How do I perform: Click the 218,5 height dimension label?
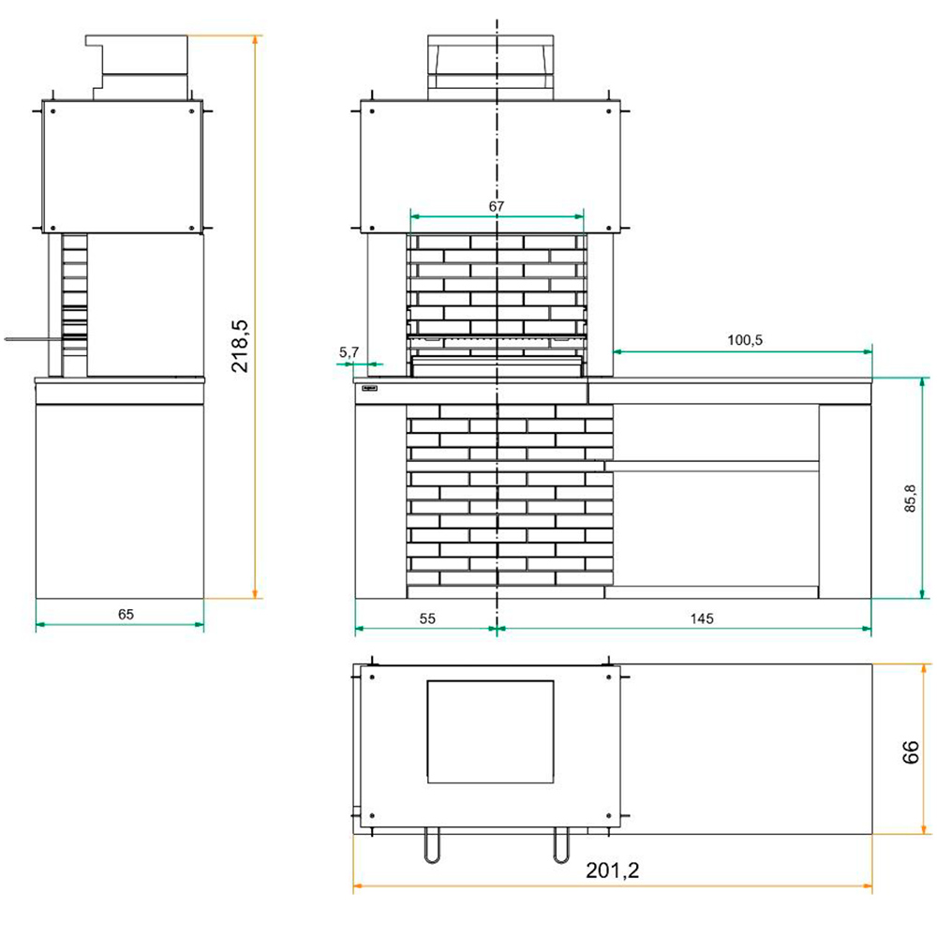pyautogui.click(x=240, y=346)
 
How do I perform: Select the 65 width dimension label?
pyautogui.click(x=126, y=615)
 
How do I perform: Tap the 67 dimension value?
pyautogui.click(x=497, y=206)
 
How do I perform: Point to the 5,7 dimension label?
pyautogui.click(x=349, y=352)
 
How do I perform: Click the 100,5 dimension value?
pyautogui.click(x=745, y=340)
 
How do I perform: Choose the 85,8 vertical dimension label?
pyautogui.click(x=910, y=498)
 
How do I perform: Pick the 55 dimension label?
pyautogui.click(x=427, y=618)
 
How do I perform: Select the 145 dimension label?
pyautogui.click(x=701, y=618)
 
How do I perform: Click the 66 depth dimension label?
pyautogui.click(x=910, y=752)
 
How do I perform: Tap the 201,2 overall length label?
pyautogui.click(x=612, y=871)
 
